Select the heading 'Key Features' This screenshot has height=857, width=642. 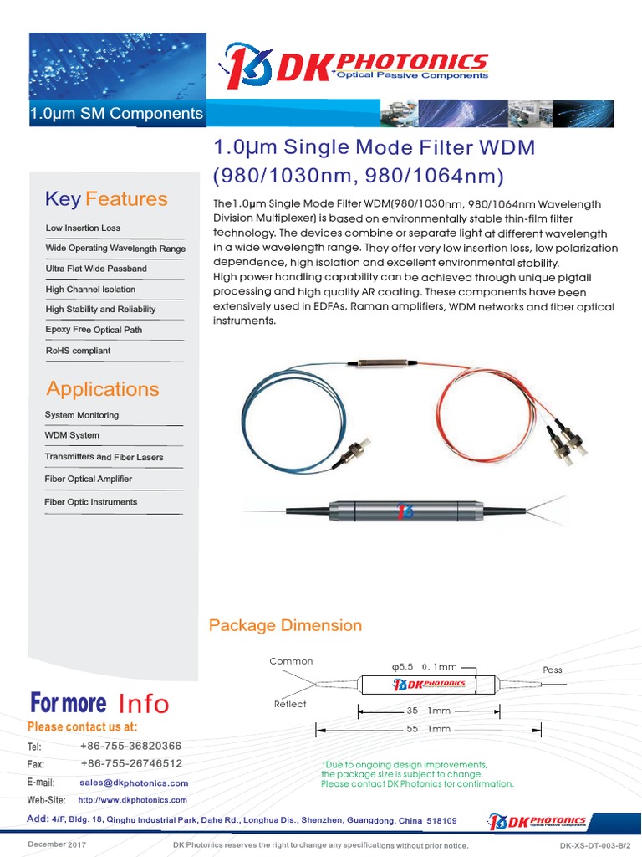point(106,198)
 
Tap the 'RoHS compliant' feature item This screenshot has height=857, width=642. point(78,351)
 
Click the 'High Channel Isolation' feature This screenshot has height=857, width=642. point(90,289)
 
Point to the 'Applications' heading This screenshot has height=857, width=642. point(102,388)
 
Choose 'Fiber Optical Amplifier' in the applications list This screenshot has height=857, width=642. point(88,479)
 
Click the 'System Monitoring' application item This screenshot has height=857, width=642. point(81,415)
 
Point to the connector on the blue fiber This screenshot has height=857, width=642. point(350,452)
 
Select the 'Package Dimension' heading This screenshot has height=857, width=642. point(285,625)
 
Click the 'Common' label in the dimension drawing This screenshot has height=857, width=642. point(291,661)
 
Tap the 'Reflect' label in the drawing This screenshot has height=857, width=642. point(290,704)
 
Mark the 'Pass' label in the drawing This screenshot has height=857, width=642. point(553,670)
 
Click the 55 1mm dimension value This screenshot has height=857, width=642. point(429,729)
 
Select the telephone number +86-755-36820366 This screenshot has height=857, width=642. point(130,746)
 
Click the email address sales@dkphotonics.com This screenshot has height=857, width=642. point(134,783)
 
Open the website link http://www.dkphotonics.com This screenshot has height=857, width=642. point(132,800)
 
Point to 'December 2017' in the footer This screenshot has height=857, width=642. point(57,845)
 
